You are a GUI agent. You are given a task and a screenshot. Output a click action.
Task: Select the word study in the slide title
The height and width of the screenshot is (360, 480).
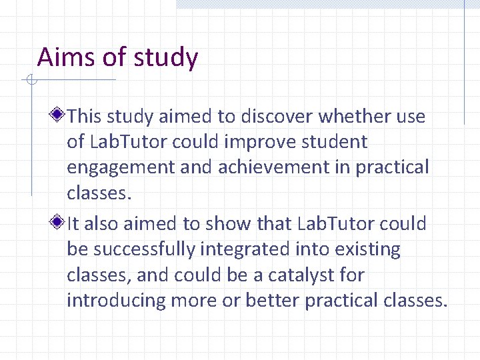pos(165,57)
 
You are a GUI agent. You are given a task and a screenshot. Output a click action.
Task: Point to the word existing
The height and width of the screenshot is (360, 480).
pos(369,250)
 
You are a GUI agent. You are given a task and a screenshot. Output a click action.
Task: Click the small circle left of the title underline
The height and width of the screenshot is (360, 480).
pos(30,81)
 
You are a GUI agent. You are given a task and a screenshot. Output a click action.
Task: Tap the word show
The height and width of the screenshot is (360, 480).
pos(232,223)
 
